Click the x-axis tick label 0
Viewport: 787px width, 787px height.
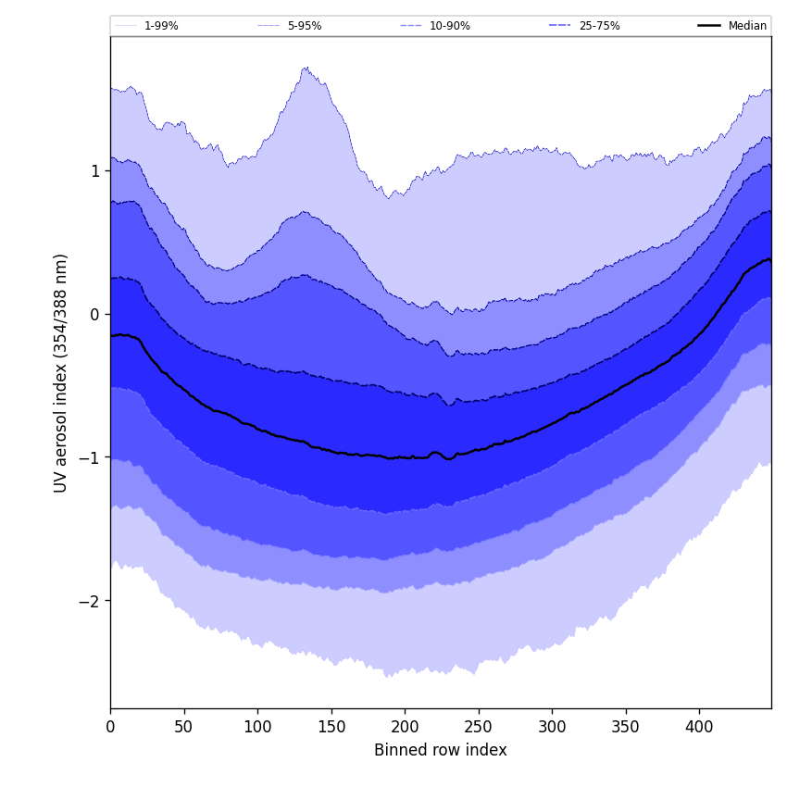(x=110, y=727)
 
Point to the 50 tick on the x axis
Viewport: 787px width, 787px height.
(x=183, y=727)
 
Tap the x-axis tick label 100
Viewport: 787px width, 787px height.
(x=257, y=727)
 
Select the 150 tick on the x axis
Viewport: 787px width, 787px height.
(x=331, y=727)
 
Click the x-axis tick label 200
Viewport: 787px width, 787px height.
(x=405, y=727)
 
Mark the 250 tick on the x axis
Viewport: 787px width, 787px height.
(x=478, y=727)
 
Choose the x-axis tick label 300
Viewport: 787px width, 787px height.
(x=552, y=727)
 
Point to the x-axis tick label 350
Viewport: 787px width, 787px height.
(x=625, y=727)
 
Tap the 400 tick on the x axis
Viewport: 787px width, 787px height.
(x=699, y=727)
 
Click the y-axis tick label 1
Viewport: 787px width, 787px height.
(x=94, y=171)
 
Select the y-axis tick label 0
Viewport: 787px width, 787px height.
(x=94, y=315)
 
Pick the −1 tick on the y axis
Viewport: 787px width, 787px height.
(x=90, y=458)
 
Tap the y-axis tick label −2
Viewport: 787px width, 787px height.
(x=90, y=601)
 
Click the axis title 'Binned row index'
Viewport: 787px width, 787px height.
(x=440, y=751)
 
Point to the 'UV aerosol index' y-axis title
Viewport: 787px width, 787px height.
(x=61, y=372)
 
